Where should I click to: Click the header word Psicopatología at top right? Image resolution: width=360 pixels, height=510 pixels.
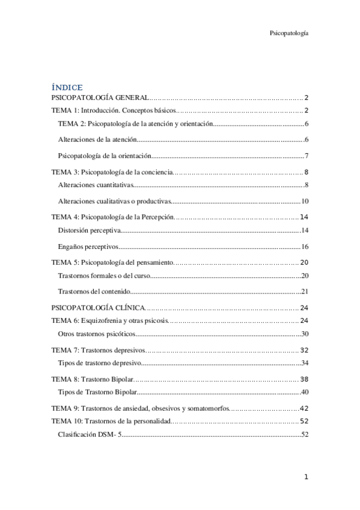pos(290,34)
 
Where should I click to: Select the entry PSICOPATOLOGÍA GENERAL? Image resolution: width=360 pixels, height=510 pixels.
pos(99,97)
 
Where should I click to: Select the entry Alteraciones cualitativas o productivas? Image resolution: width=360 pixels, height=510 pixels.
pos(115,201)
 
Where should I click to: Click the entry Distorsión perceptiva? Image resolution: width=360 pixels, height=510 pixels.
pos(90,230)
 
